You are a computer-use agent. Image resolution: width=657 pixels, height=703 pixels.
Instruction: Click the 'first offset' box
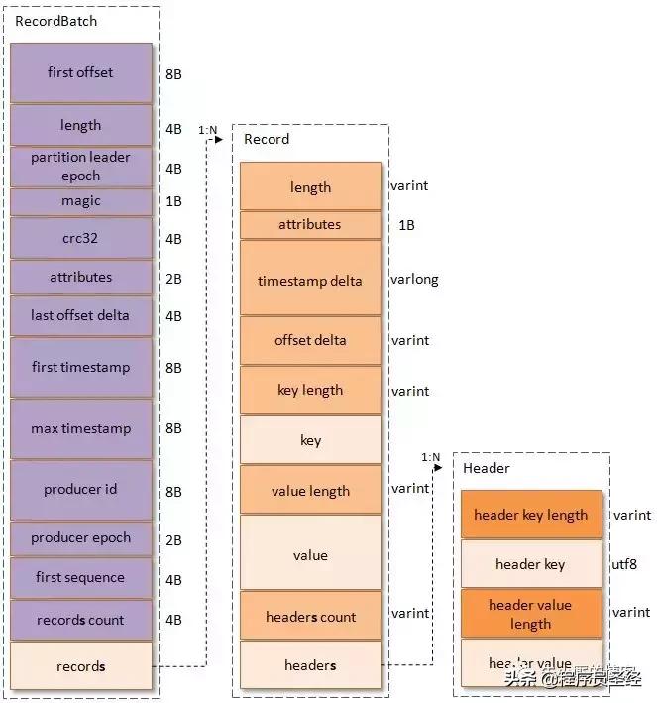pos(80,72)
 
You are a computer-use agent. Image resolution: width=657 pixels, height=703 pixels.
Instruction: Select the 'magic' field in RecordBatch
pos(80,201)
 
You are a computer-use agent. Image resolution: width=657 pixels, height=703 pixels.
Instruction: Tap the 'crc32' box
pos(80,239)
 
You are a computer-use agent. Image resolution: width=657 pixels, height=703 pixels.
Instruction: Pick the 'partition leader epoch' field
pos(80,167)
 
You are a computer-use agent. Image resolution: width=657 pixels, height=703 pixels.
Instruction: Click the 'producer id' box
pos(80,490)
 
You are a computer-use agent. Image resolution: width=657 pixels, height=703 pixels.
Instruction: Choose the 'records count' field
pos(80,620)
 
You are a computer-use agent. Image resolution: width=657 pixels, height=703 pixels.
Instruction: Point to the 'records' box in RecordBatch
pos(80,666)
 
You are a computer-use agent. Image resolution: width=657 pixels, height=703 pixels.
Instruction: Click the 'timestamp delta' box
pos(310,281)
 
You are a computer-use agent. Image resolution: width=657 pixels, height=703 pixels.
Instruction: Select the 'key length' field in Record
pos(310,390)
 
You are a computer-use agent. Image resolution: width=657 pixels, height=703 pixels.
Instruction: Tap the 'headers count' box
pos(310,617)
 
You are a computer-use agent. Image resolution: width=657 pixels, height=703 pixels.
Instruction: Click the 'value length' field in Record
pos(310,491)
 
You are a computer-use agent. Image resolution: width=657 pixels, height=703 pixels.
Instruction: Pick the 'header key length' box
pos(530,515)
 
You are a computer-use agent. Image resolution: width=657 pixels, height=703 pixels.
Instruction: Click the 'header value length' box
pos(530,614)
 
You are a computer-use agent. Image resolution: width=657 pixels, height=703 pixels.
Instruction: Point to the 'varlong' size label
pos(414,280)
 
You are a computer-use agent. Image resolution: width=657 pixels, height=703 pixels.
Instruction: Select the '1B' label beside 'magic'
pos(173,201)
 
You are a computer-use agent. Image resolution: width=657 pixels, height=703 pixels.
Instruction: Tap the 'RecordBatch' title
pos(56,21)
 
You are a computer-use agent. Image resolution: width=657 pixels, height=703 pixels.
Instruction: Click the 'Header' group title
pos(487,468)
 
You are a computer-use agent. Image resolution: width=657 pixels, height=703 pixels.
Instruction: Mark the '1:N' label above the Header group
pos(430,457)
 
